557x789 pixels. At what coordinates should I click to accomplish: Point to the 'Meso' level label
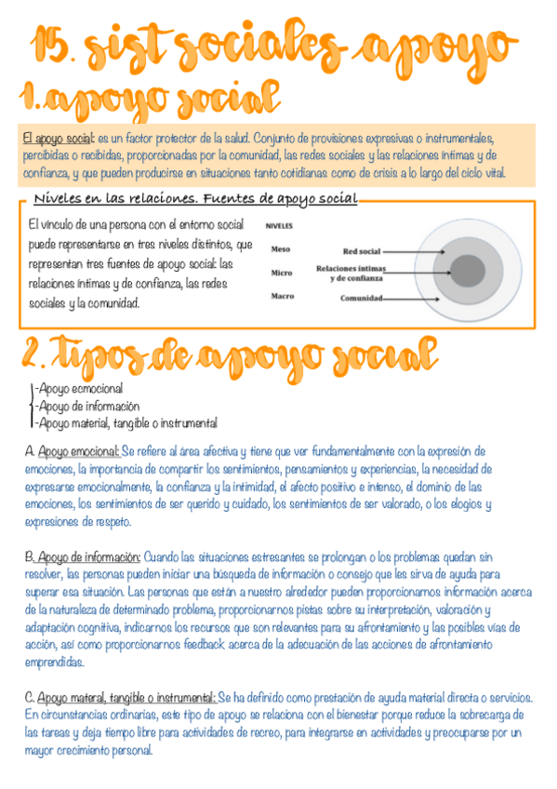click(x=280, y=248)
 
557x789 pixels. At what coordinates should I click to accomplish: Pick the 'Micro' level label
click(x=282, y=273)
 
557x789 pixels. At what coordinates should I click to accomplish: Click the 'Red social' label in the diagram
click(x=362, y=250)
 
